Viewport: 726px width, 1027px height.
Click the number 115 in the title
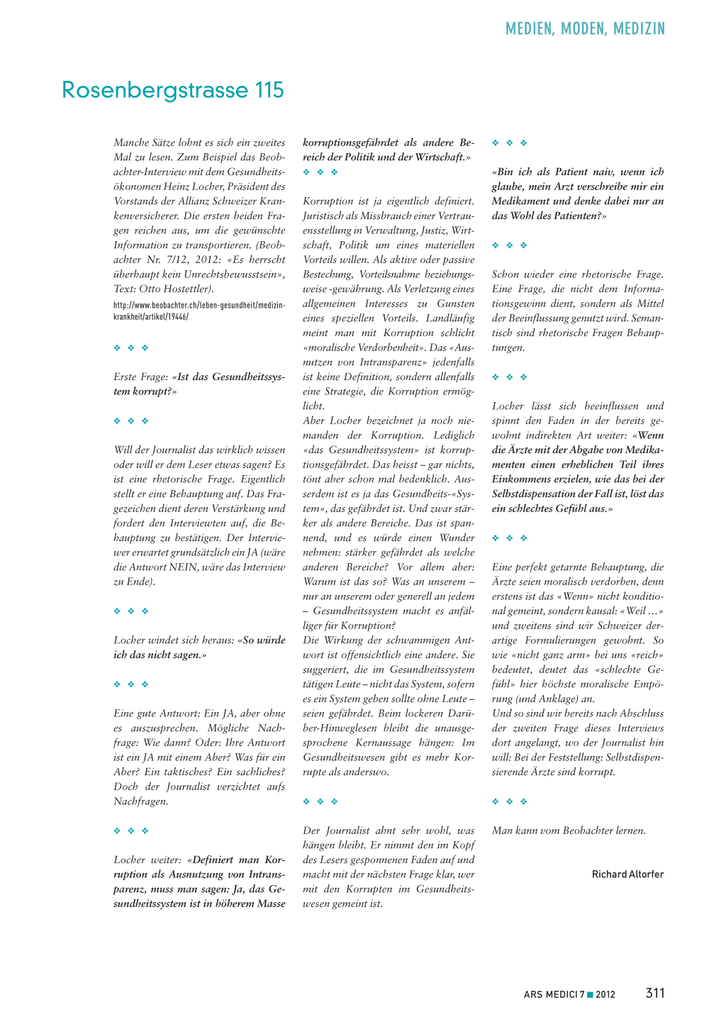tap(269, 90)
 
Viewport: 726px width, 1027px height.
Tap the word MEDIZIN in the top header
tap(640, 29)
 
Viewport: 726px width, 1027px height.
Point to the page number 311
tap(655, 993)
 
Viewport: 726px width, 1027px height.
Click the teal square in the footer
tap(590, 994)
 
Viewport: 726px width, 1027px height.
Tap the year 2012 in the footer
tap(605, 994)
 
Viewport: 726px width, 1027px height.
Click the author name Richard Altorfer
tap(627, 875)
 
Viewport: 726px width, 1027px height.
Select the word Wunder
tap(457, 538)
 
